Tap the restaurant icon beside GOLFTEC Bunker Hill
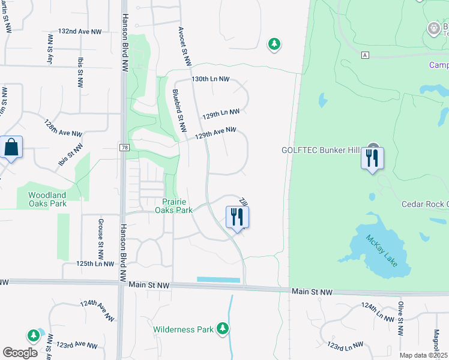[x=372, y=158]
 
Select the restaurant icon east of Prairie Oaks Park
[x=237, y=217]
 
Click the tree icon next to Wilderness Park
[x=223, y=328]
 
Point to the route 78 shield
[x=124, y=147]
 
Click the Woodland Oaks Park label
[x=47, y=199]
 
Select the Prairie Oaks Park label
[x=173, y=206]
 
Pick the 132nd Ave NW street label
[x=80, y=31]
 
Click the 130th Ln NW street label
[x=211, y=79]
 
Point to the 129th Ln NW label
[x=221, y=112]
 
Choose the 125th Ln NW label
[x=95, y=263]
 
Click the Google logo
[x=20, y=353]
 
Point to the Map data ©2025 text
[x=424, y=355]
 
